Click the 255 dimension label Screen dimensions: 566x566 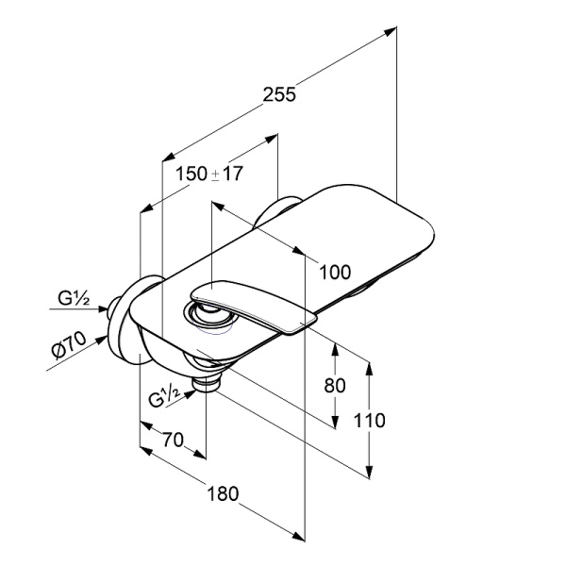click(279, 94)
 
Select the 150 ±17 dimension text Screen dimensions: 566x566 click(209, 174)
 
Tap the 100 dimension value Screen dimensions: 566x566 click(335, 273)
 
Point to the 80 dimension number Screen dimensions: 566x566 click(335, 385)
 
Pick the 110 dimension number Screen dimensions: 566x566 click(369, 421)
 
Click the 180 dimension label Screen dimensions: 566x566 click(223, 493)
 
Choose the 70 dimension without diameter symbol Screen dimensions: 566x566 click(173, 440)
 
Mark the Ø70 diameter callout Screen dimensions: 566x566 click(69, 345)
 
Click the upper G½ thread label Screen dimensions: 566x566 click(74, 299)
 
